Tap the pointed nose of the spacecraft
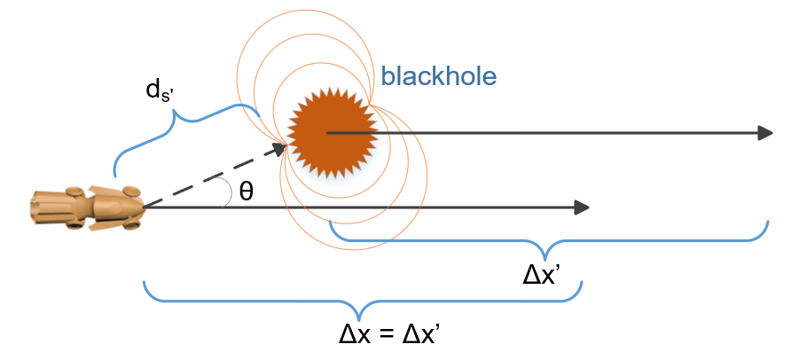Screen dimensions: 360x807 point(141,207)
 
